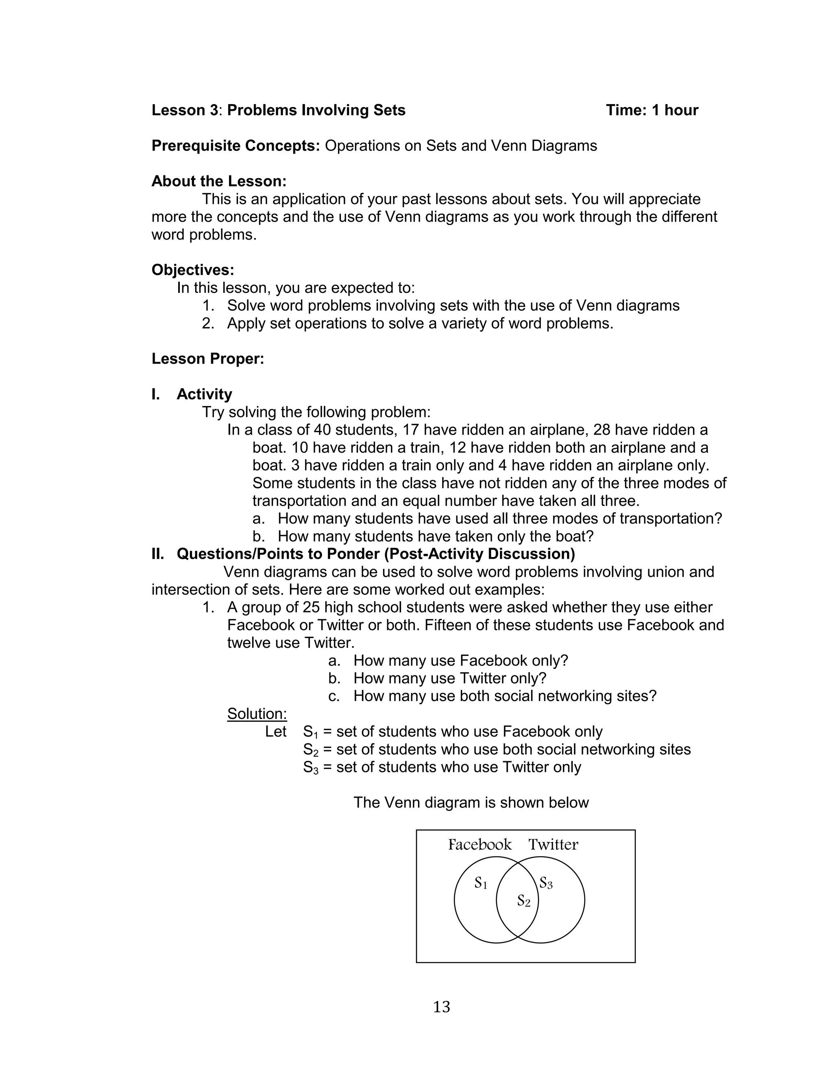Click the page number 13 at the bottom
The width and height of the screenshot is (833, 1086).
441,1007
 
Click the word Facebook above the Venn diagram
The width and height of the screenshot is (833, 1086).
480,844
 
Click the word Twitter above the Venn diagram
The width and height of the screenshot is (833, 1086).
553,844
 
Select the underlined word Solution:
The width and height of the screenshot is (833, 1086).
257,714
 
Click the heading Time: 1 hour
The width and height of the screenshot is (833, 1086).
652,110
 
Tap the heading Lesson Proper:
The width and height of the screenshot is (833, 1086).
208,358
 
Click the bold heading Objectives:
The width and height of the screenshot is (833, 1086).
192,270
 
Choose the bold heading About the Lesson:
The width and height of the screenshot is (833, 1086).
219,181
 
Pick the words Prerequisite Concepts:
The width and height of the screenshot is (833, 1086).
236,146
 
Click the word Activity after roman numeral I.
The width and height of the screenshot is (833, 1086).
204,394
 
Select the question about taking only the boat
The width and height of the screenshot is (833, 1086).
435,536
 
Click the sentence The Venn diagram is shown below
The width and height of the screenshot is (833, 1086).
471,802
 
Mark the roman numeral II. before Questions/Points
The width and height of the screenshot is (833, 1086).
158,554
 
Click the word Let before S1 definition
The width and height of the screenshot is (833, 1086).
276,732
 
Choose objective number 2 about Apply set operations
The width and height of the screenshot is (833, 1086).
419,323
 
